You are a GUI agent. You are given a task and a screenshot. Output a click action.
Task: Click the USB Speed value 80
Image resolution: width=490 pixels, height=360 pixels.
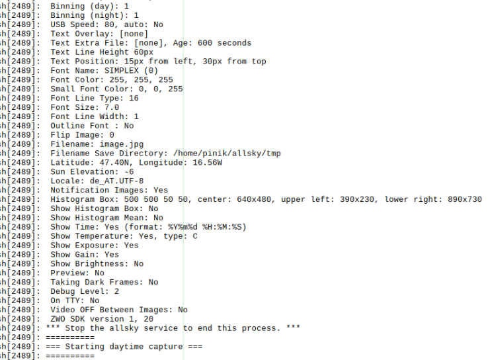[109, 24]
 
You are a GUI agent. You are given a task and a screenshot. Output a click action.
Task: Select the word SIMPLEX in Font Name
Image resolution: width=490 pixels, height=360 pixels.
[121, 71]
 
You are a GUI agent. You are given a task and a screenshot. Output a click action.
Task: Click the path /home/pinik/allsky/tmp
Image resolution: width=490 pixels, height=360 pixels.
[227, 154]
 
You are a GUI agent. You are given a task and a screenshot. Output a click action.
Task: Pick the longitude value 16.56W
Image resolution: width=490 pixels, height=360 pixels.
[207, 163]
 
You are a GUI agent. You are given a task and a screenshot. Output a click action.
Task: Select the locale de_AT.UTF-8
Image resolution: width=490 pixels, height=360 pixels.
[121, 181]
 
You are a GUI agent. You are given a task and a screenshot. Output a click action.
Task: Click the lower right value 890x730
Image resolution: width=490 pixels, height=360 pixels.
[464, 200]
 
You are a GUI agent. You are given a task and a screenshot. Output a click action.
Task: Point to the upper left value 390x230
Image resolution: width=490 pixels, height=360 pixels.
[357, 200]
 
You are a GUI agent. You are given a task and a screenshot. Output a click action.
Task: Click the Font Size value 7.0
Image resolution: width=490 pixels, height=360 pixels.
[112, 108]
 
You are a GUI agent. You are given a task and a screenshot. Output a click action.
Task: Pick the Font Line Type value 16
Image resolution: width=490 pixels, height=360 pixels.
[134, 98]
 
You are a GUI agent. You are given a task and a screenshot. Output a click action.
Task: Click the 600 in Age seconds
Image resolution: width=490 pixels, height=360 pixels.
[205, 43]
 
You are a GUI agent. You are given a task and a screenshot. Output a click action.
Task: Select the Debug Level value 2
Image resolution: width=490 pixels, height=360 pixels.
[116, 291]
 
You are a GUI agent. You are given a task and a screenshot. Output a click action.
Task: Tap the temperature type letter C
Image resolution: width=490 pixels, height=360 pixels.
[195, 236]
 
